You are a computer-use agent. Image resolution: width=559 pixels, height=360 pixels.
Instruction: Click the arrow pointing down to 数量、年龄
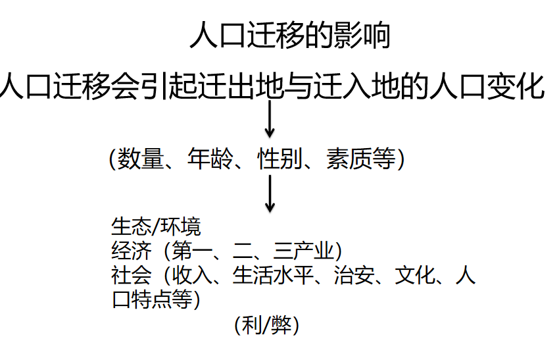click(270, 119)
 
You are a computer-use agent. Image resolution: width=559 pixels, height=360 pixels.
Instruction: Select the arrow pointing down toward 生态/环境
click(270, 193)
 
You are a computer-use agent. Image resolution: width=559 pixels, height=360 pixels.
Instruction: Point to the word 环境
click(180, 226)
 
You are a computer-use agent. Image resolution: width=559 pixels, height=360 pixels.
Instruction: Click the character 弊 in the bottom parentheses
click(281, 325)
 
